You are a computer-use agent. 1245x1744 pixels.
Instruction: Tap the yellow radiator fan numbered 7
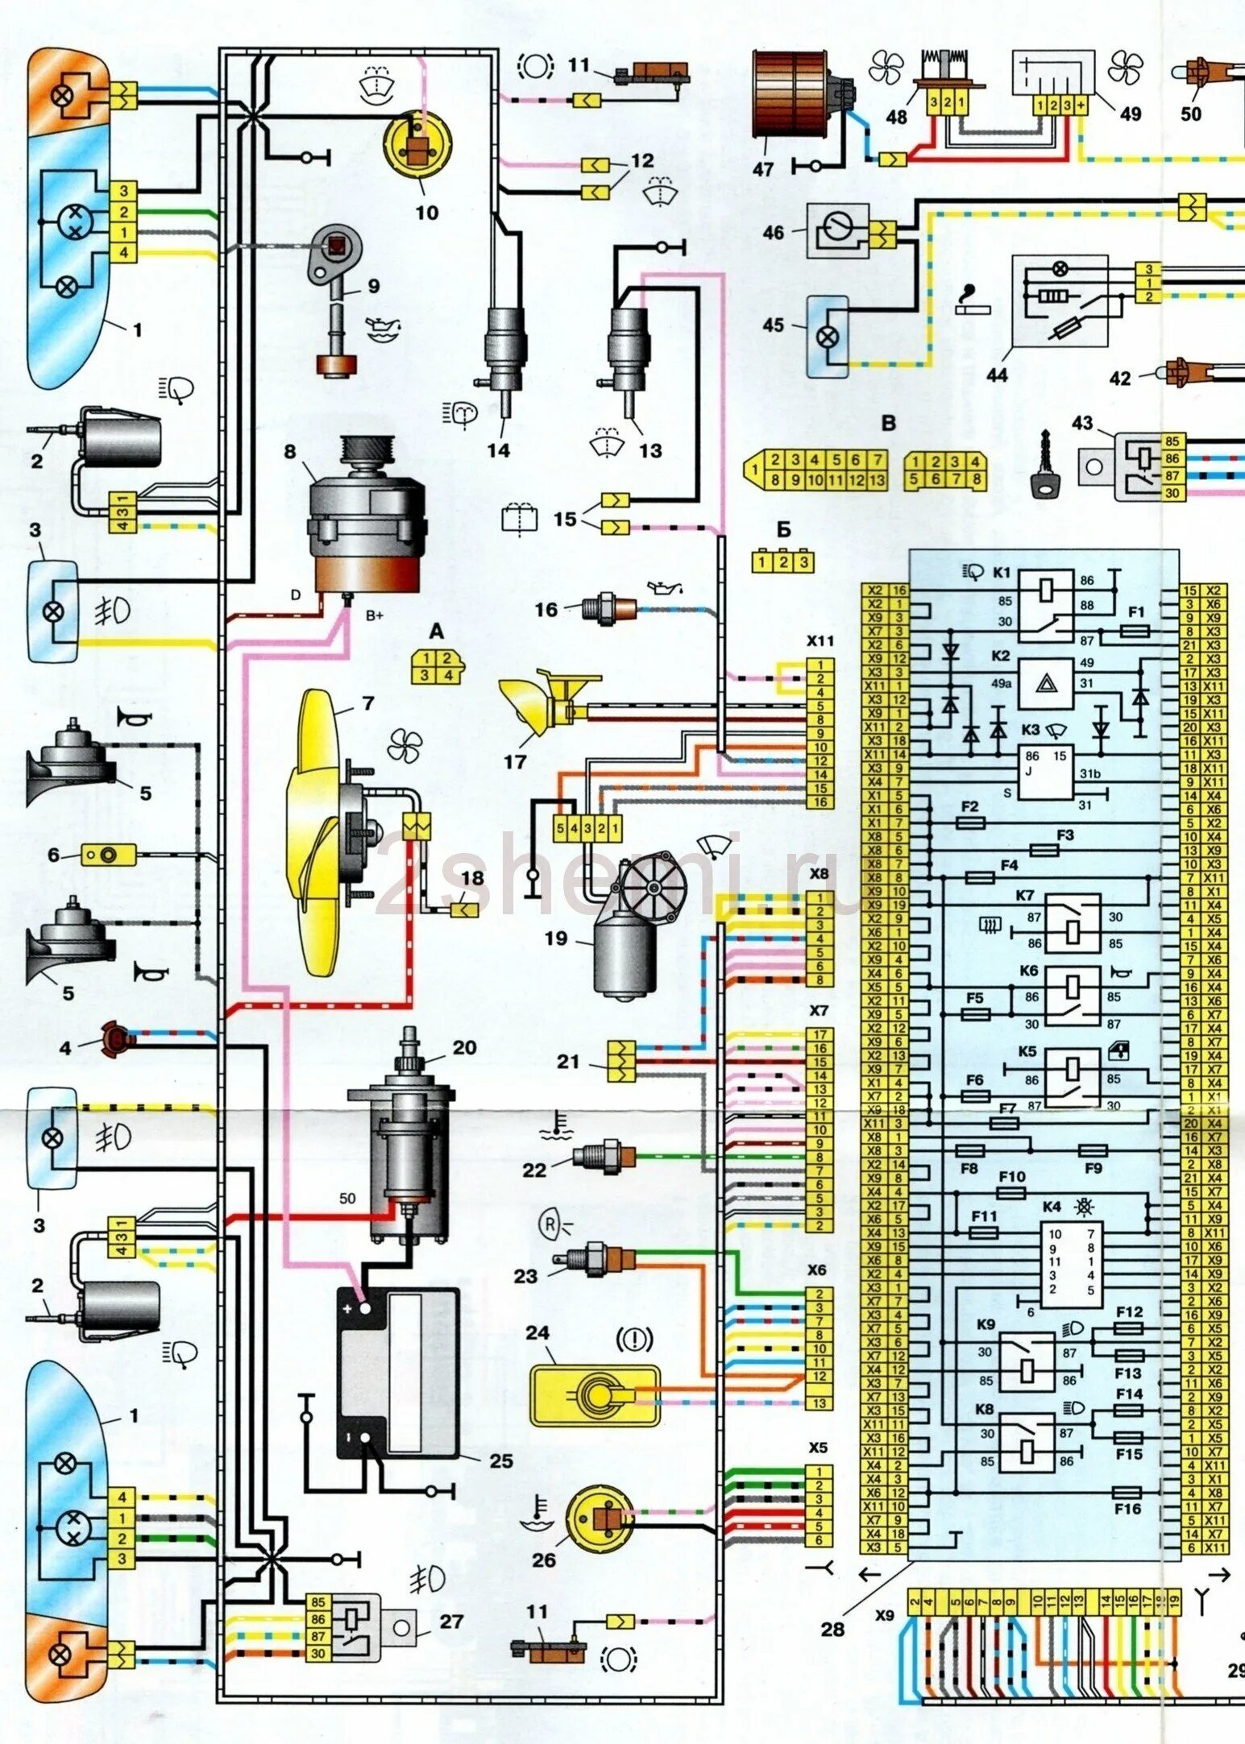click(x=322, y=830)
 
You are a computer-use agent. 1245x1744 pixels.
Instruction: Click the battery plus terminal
click(x=363, y=1309)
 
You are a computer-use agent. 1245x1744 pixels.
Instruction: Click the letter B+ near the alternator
click(x=375, y=616)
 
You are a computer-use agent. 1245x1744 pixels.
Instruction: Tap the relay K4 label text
click(x=1052, y=1207)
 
